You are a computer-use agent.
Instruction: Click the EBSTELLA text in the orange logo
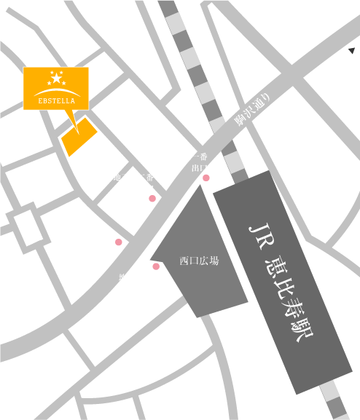pyautogui.click(x=56, y=100)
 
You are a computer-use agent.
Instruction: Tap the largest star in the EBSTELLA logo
pyautogui.click(x=57, y=78)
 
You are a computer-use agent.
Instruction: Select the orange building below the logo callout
pyautogui.click(x=79, y=137)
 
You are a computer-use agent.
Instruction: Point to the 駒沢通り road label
pyautogui.click(x=253, y=110)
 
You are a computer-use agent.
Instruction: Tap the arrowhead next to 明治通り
pyautogui.click(x=351, y=50)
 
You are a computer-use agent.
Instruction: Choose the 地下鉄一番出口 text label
pyautogui.click(x=188, y=162)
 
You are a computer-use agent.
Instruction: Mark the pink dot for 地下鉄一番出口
pyautogui.click(x=206, y=178)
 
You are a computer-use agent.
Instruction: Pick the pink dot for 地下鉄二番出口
pyautogui.click(x=152, y=198)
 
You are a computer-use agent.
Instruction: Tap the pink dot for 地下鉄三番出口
pyautogui.click(x=156, y=266)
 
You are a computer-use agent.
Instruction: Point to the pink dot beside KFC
pyautogui.click(x=119, y=242)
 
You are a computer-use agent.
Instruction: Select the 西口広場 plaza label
pyautogui.click(x=199, y=260)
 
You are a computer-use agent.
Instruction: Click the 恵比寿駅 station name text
pyautogui.click(x=289, y=298)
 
